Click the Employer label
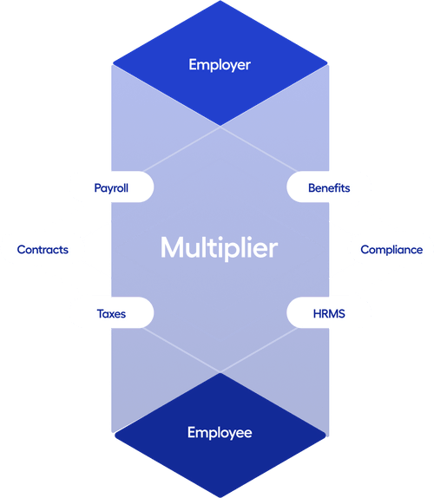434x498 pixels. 220,65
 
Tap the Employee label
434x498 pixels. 220,433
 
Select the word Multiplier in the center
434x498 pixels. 220,248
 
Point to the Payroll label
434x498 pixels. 111,188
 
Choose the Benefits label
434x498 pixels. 329,187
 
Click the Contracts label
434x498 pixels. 43,250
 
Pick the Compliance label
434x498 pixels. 391,250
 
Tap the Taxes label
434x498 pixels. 111,314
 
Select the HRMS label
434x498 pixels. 329,314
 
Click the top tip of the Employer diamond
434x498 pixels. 220,1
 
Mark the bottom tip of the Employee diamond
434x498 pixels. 220,497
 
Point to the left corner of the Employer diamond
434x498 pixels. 114,63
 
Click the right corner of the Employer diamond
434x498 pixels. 327,63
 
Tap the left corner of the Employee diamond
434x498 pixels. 115,435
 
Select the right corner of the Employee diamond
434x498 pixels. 325,435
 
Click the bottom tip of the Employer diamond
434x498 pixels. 220,126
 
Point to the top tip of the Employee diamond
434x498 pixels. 220,373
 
